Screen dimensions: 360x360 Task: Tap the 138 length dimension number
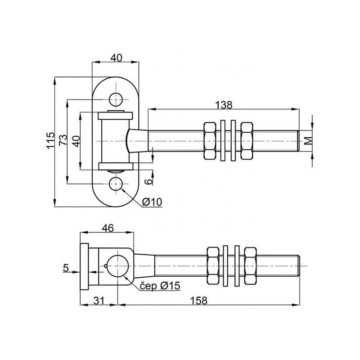point(224,104)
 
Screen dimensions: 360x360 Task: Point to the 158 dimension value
point(198,301)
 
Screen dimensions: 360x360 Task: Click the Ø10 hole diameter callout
point(152,202)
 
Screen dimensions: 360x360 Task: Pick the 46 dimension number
point(107,228)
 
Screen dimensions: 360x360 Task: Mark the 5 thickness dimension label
point(65,269)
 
